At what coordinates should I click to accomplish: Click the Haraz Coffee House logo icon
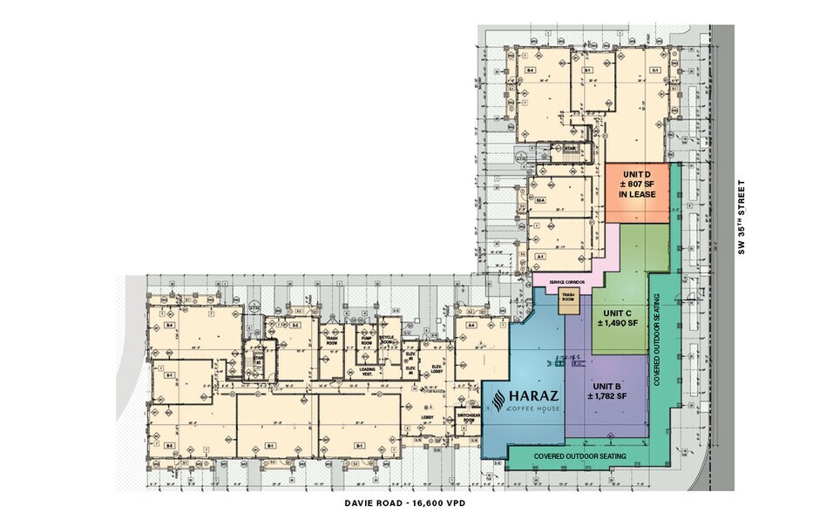(496, 401)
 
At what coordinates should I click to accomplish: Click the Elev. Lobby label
(435, 369)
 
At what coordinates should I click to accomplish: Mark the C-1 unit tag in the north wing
(654, 70)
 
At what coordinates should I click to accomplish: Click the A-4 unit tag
(471, 324)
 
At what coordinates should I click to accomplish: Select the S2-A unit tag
(541, 201)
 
